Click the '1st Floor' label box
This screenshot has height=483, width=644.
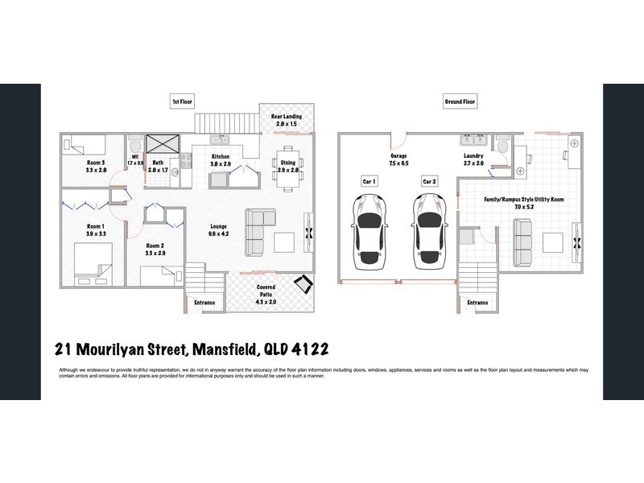pos(183,101)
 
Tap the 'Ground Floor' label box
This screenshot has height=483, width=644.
pos(460,101)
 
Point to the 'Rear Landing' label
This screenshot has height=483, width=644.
pos(287,118)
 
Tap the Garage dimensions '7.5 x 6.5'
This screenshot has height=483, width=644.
pos(398,163)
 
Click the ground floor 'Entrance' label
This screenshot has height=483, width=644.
pos(477,303)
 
